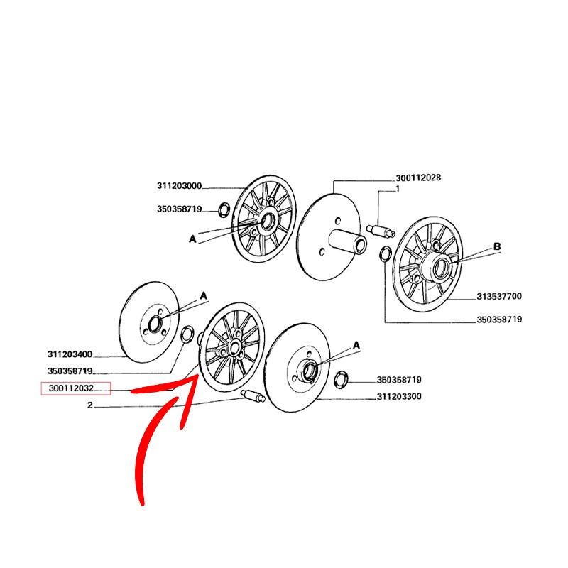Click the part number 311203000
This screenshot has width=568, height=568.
tap(179, 186)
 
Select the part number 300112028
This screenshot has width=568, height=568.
tap(418, 177)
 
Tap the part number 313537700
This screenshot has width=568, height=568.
tap(499, 296)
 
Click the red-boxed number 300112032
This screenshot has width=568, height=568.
tap(72, 388)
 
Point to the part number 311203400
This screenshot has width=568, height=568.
tap(70, 354)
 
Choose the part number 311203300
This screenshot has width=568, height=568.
tap(399, 396)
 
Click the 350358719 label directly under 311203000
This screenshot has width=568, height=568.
tap(179, 209)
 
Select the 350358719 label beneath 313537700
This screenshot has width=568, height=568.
tap(499, 319)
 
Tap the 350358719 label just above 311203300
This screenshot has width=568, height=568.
tap(399, 380)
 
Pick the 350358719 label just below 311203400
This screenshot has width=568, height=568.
tap(70, 371)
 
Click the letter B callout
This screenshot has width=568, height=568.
tap(497, 246)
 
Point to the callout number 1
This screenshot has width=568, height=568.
tap(398, 189)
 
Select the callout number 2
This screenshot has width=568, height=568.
tap(90, 405)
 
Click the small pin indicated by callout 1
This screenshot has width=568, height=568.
tap(381, 231)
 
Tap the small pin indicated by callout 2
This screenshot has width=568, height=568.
tap(253, 396)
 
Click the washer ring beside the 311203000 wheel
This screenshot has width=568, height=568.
tap(224, 210)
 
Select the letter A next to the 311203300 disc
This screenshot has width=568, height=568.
tap(356, 345)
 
